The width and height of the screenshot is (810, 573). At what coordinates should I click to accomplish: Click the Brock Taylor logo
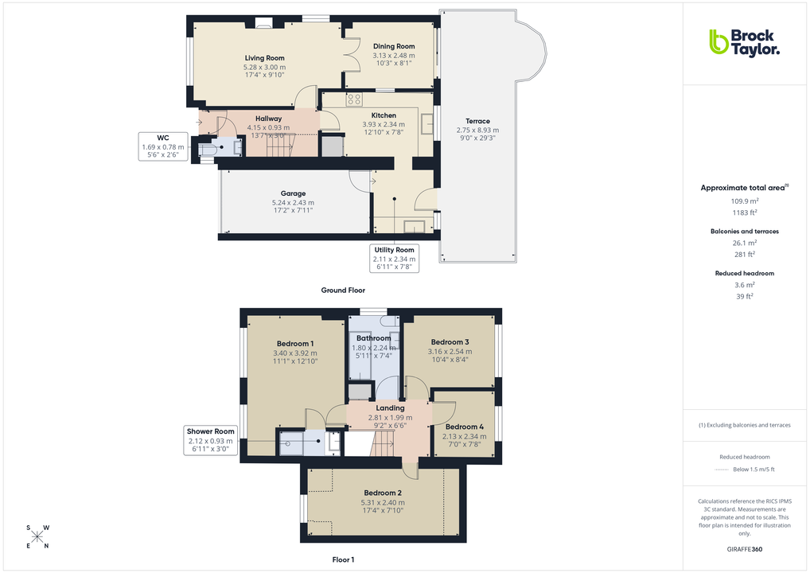pos(744,42)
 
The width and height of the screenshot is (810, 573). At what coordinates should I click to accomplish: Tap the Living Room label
pos(264,58)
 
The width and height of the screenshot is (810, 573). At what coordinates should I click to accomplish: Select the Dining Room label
pos(394,46)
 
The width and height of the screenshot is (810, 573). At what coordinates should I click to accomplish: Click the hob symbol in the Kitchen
pos(354,99)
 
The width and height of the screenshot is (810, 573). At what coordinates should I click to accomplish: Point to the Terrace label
pos(477,121)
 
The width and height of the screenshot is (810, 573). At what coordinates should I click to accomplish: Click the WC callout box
pos(162,146)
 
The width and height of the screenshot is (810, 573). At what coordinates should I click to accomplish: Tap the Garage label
pos(293,193)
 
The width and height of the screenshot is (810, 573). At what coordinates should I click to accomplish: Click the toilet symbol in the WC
pos(208,148)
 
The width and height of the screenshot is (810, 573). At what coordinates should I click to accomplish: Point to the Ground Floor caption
pos(343,290)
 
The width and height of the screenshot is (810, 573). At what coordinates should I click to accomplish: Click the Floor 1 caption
pos(343,560)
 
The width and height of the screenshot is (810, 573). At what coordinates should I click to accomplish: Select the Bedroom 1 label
pos(294,343)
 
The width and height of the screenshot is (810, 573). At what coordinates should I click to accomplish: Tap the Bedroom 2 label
pos(383,493)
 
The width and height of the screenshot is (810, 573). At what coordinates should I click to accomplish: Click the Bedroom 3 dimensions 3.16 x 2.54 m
pos(449,351)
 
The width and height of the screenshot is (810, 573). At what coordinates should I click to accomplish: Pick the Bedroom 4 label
pos(465,427)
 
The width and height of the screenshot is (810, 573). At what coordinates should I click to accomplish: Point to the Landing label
pos(390,408)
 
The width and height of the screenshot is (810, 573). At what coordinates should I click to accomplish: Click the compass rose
pos(37,536)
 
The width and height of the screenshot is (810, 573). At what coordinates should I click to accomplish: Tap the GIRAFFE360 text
pos(744,548)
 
